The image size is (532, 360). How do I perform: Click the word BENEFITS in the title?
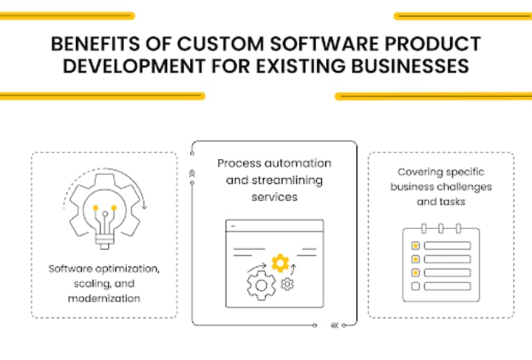tap(86, 44)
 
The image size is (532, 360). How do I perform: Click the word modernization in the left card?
tap(103, 298)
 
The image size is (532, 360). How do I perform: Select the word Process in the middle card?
tap(238, 163)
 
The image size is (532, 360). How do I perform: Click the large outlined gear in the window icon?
tap(261, 285)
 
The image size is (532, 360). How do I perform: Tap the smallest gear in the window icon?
tap(288, 284)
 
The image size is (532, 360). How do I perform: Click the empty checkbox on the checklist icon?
tap(415, 286)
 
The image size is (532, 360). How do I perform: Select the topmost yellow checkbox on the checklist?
tap(415, 245)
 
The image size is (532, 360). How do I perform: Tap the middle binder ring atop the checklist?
tap(441, 228)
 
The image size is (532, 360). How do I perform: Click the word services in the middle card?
tap(273, 197)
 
